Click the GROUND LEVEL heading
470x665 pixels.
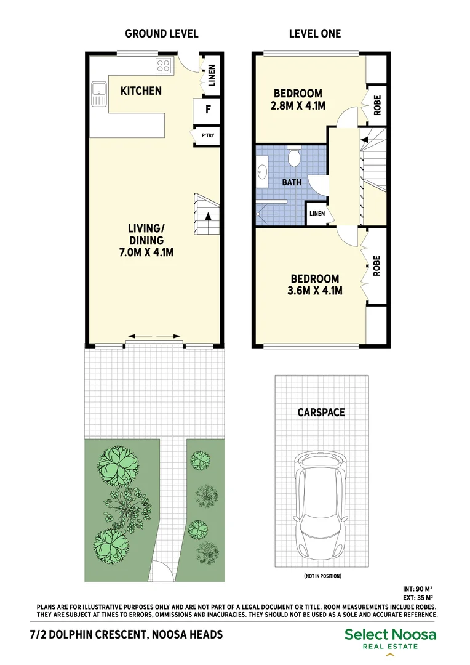pos(161,34)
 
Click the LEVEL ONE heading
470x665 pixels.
pos(314,34)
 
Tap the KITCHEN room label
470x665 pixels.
pos(141,91)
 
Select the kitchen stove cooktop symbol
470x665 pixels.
pos(164,65)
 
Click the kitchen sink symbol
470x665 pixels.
pos(98,94)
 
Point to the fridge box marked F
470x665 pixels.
pos(208,110)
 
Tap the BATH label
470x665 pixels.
pos(291,183)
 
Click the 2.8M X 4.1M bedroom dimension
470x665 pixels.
pos(297,105)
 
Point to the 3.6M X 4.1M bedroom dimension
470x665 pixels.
pos(314,291)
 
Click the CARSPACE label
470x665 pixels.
pos(321,413)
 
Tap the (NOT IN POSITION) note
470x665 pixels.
pos(322,576)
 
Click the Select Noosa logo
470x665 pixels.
pos(390,639)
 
